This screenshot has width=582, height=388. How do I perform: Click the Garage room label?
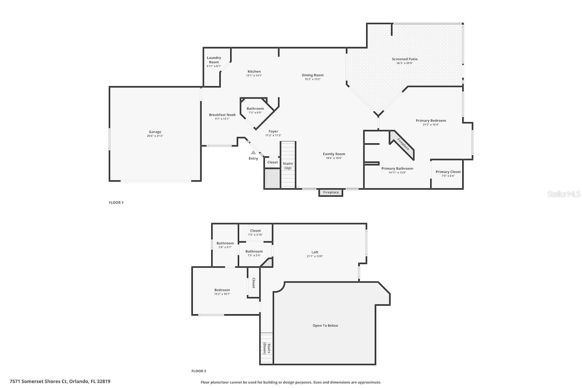[155, 132]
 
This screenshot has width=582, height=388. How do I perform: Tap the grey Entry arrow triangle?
[253, 152]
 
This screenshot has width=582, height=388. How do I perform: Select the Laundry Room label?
[214, 60]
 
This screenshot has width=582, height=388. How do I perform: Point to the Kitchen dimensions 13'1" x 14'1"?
[254, 76]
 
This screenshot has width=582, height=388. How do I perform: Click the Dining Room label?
[312, 75]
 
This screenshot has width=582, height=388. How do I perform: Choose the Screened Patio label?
[404, 59]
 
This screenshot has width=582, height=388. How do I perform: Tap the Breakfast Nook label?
[222, 115]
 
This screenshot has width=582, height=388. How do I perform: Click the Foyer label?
[273, 131]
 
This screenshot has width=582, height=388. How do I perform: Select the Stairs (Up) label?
[288, 166]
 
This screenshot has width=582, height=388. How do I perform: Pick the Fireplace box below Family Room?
[331, 192]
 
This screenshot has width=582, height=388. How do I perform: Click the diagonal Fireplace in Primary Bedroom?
[403, 144]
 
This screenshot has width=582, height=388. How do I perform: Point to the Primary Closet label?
[448, 172]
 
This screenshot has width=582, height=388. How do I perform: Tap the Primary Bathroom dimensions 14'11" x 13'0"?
[397, 173]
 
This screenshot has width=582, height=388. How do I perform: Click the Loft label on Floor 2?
[315, 252]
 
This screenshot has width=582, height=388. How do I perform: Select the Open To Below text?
[325, 325]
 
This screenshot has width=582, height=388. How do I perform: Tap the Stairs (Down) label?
[267, 348]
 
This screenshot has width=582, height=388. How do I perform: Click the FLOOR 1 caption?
[116, 203]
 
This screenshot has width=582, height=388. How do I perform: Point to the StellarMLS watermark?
[564, 194]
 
